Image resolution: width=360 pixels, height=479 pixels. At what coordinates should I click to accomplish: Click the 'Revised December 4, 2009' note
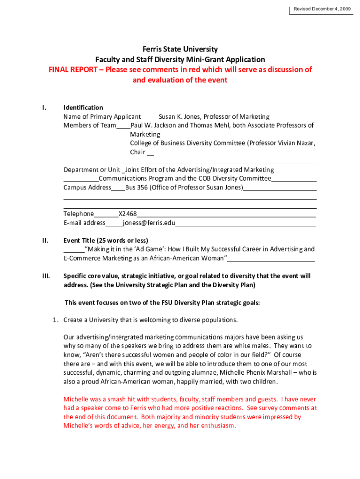pos(322,9)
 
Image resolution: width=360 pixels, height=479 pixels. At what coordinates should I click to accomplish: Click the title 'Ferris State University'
pos(180,49)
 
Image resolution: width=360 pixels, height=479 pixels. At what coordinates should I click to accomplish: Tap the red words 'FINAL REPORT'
pos(74,70)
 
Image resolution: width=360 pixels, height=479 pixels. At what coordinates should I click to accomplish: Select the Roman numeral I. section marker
pos(43,108)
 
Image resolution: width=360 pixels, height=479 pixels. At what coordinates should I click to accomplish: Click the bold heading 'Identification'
pos(83,108)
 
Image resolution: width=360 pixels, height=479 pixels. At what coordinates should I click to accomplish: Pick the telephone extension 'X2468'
pos(128,214)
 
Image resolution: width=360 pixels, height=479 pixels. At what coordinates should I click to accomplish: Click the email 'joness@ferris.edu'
pos(149,223)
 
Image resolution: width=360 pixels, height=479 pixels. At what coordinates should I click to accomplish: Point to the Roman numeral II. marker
pos(45,240)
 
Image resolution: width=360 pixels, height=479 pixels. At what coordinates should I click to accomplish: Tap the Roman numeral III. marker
pos(46,276)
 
